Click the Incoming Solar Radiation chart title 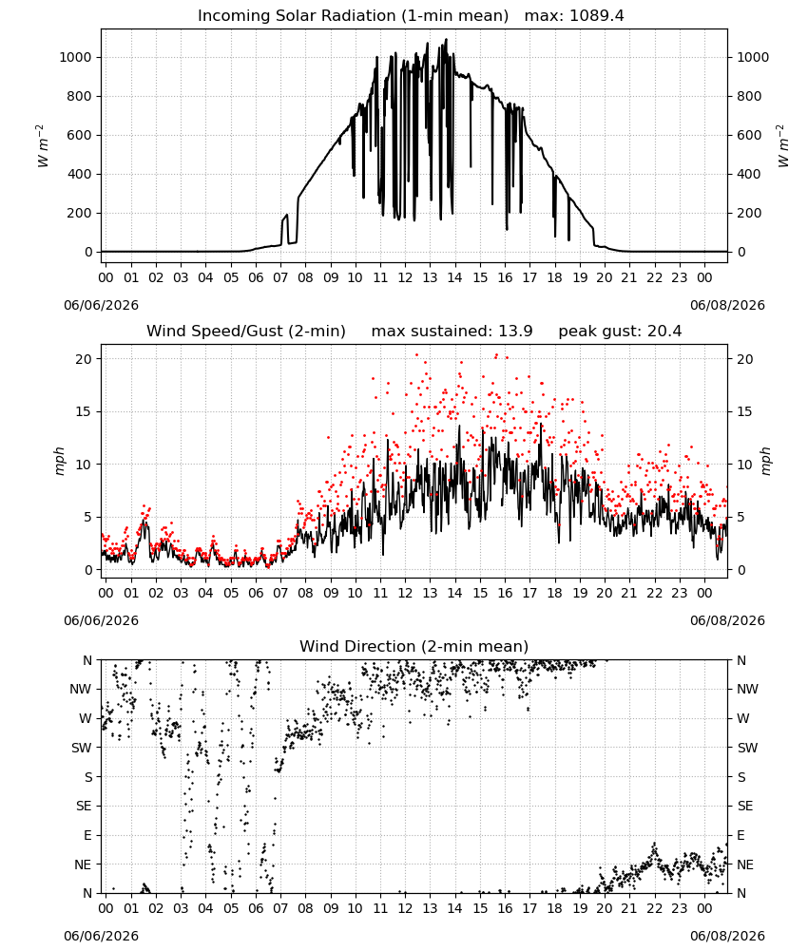tap(353, 16)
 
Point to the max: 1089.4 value tap(574, 16)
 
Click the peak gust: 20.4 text tap(620, 332)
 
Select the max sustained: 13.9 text tap(452, 332)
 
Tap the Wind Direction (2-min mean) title tap(414, 646)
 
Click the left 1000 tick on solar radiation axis tap(75, 58)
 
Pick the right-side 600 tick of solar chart tap(749, 135)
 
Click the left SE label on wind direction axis tap(84, 806)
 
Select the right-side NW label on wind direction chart tap(747, 689)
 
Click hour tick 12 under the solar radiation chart tap(405, 278)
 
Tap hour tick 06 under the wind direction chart tap(256, 908)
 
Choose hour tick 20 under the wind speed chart tap(605, 593)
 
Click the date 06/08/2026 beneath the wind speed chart tap(727, 620)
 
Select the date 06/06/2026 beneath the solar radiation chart tap(101, 305)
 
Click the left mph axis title tap(59, 461)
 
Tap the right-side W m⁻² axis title tap(782, 146)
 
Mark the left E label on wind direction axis tap(87, 835)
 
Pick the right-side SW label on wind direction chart tap(747, 748)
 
